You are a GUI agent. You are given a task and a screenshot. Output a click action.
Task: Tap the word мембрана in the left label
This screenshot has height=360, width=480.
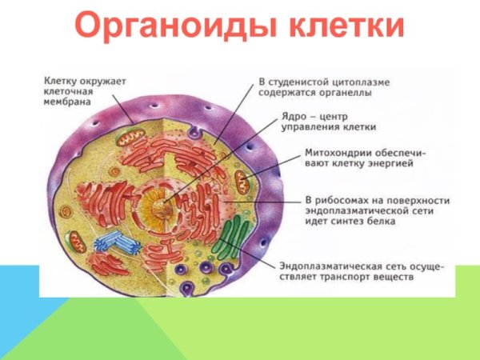pos(68,102)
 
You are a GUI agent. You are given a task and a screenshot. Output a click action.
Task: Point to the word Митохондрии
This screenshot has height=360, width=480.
pos(340,152)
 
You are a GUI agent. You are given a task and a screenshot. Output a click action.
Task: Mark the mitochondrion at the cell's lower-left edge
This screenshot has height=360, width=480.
pos(77,241)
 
